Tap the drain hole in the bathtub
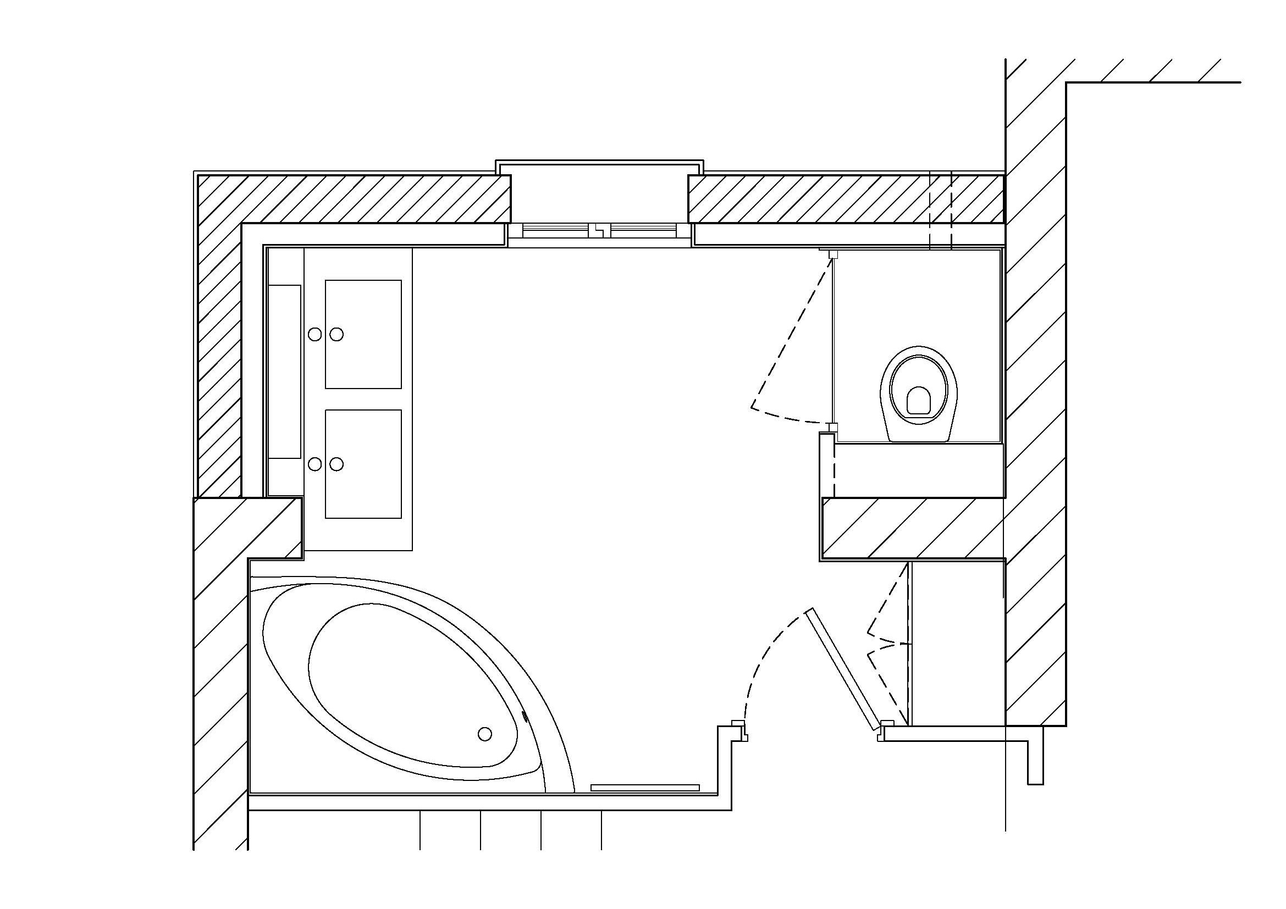[485, 733]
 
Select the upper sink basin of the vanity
[363, 334]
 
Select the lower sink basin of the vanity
[363, 464]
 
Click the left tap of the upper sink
[315, 334]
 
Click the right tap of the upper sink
[336, 334]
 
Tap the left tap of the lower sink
[315, 464]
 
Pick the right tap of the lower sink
[336, 464]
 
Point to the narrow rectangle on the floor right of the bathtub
[645, 788]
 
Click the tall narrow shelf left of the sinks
[285, 372]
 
